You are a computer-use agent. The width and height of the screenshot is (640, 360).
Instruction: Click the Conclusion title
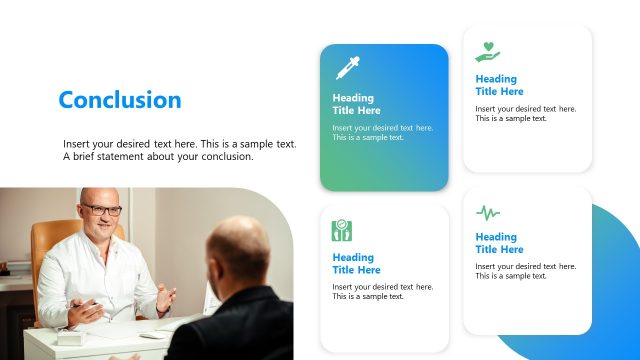[120, 100]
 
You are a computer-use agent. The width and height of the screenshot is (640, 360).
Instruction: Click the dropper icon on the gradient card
[346, 68]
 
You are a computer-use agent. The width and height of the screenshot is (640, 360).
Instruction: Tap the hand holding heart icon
[487, 51]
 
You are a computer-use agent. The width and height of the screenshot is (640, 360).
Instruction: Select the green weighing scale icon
[341, 231]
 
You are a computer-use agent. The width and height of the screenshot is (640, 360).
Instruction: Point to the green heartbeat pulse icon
[487, 212]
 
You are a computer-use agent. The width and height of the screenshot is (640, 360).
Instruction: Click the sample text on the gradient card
[382, 133]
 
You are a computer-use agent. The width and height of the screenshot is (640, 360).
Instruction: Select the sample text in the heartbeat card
[525, 272]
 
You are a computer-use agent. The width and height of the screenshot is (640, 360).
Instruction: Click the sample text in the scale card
[382, 292]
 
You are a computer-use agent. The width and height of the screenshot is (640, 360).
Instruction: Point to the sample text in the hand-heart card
[525, 113]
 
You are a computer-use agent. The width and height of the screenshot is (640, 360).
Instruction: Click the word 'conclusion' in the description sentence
[230, 157]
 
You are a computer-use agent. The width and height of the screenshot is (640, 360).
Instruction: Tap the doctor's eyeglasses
[101, 210]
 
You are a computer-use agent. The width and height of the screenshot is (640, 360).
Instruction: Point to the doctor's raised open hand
[164, 298]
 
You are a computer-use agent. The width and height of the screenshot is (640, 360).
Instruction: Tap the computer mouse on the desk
[151, 334]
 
